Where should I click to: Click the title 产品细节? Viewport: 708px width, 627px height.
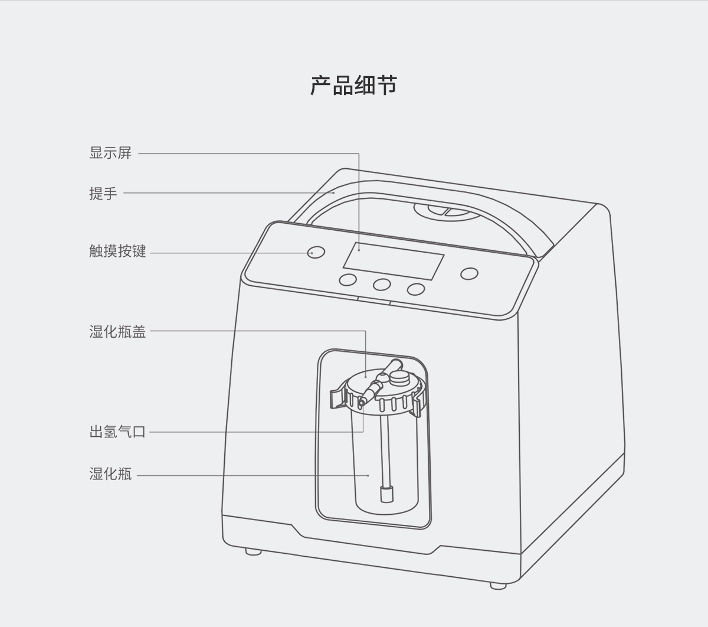point(354,86)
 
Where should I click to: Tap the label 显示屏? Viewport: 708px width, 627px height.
point(110,153)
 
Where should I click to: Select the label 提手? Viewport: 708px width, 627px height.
point(103,193)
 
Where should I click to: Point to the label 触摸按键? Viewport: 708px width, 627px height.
point(117,252)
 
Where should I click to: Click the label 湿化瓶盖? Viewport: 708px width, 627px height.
point(117,332)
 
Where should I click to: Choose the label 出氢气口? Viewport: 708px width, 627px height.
point(117,432)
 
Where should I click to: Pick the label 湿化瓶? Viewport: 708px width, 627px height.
point(110,474)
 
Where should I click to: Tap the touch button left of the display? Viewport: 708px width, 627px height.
point(316,252)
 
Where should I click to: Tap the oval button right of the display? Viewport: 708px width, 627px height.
point(469,274)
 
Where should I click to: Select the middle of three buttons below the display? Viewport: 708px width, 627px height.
point(382,285)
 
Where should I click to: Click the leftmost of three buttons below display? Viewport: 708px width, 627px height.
point(348,280)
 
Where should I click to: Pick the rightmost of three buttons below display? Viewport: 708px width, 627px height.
point(416,289)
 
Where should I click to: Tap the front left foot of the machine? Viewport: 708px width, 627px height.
point(253,552)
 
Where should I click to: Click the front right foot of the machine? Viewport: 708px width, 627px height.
point(498,586)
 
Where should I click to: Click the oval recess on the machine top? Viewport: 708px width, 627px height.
point(447,211)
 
